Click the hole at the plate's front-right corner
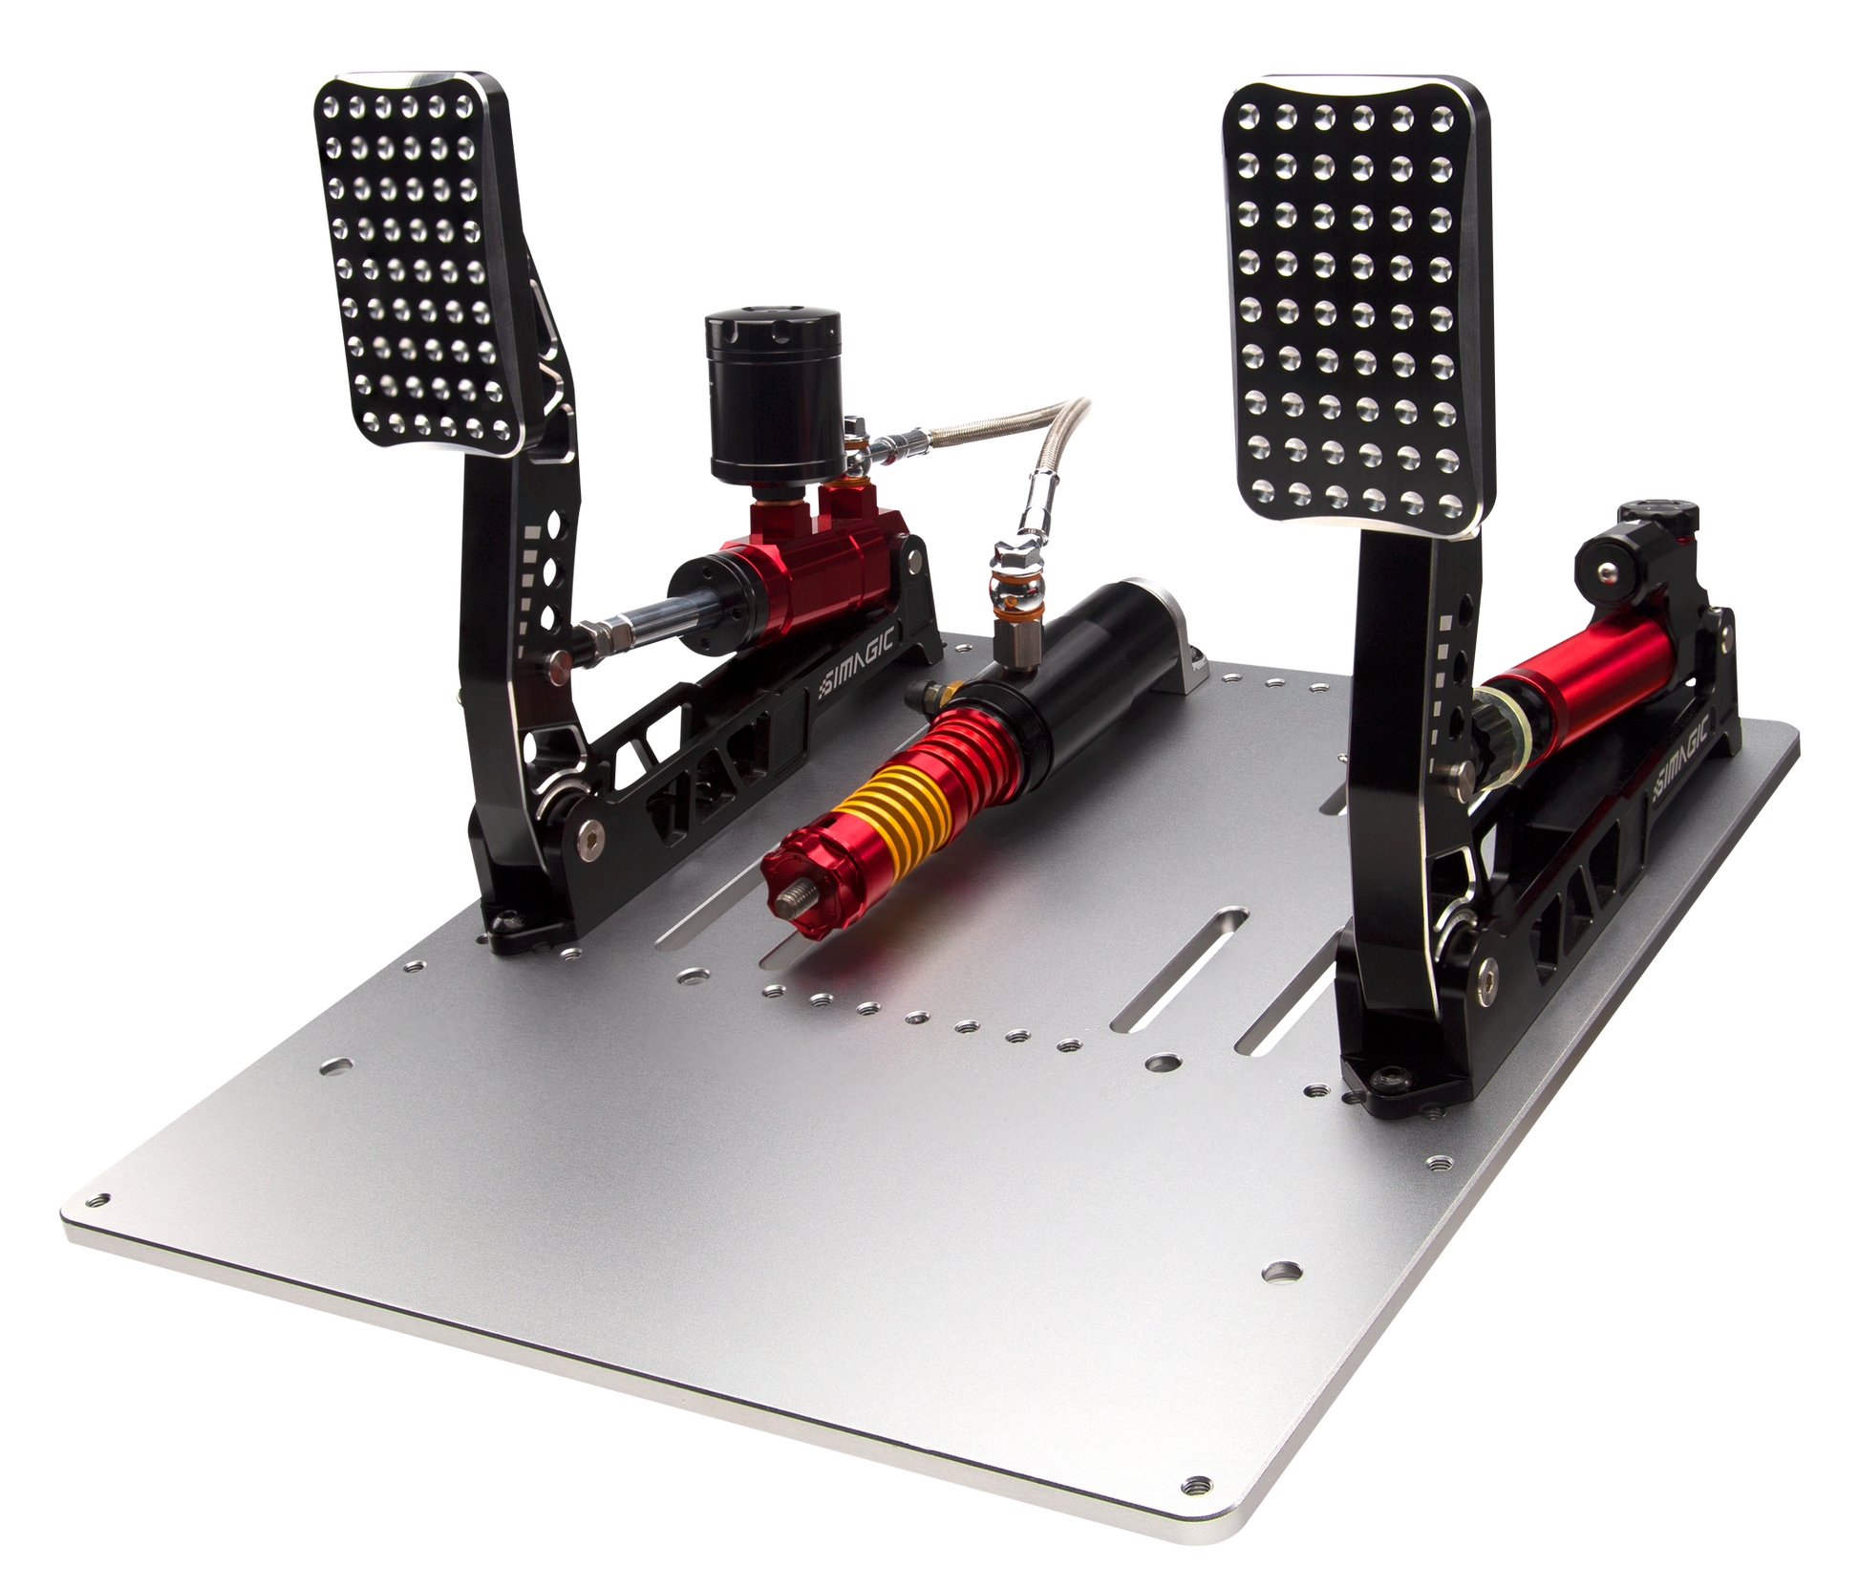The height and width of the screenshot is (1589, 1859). tap(1192, 1486)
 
